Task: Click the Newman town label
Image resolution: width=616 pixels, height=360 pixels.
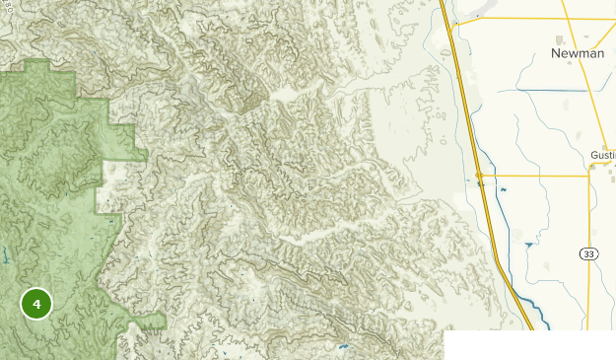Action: (578, 53)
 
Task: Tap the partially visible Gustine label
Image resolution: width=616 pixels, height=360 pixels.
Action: (602, 156)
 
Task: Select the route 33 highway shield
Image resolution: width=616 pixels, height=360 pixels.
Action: (588, 254)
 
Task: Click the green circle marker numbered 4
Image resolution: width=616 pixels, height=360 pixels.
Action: (36, 305)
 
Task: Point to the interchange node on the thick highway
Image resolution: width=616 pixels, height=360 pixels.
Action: (478, 176)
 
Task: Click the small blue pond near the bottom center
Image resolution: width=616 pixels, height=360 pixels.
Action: (343, 347)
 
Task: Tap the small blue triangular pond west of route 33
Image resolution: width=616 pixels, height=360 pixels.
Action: (529, 244)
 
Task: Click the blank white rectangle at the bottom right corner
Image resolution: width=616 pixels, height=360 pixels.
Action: (529, 345)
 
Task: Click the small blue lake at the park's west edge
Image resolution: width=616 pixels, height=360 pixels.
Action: (5, 259)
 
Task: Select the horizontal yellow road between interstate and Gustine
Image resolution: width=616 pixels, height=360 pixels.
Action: (532, 177)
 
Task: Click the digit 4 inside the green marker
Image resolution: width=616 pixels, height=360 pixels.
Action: (36, 305)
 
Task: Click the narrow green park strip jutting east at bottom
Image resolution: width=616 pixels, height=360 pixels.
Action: (148, 322)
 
